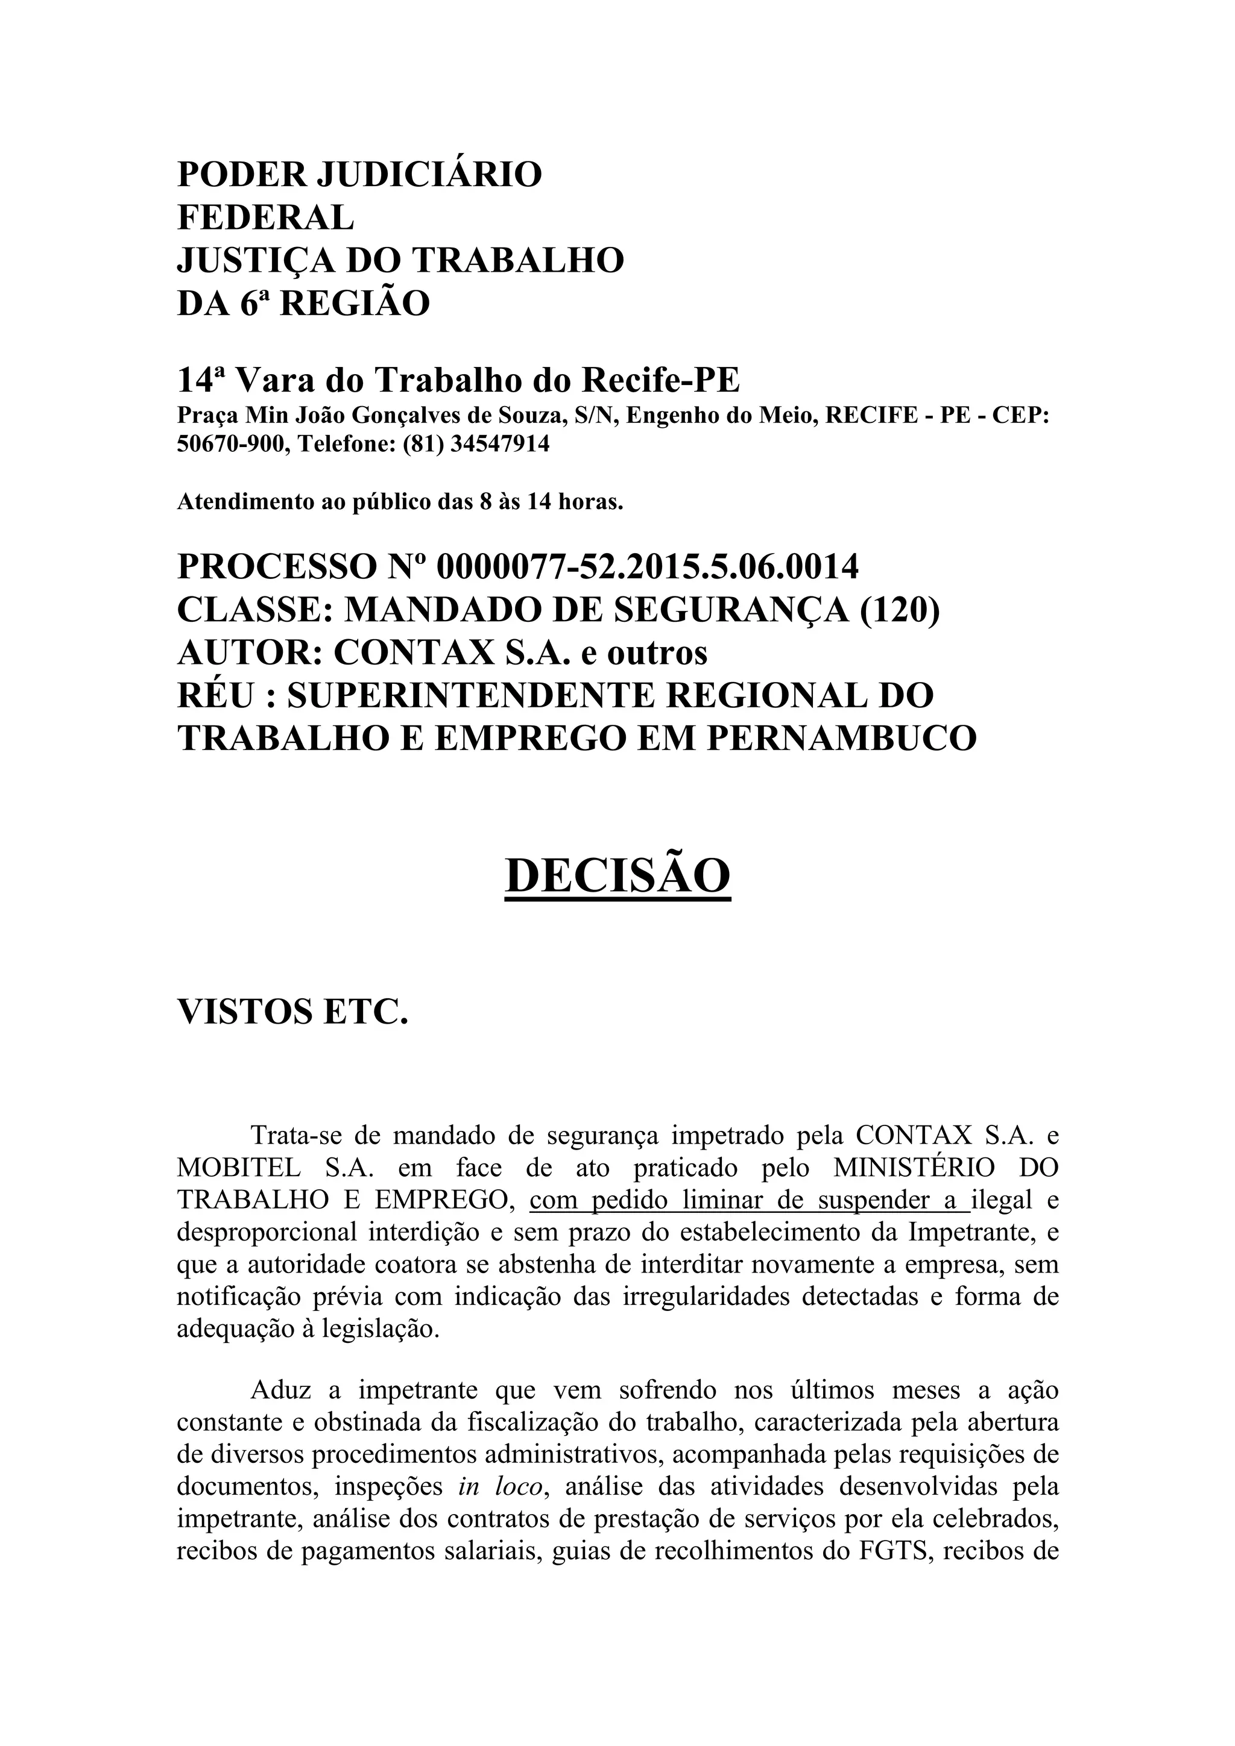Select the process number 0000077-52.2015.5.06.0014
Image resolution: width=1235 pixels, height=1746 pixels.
click(x=648, y=566)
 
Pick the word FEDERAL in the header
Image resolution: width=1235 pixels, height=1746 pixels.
click(x=265, y=217)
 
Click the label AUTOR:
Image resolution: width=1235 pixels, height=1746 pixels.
click(x=250, y=652)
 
